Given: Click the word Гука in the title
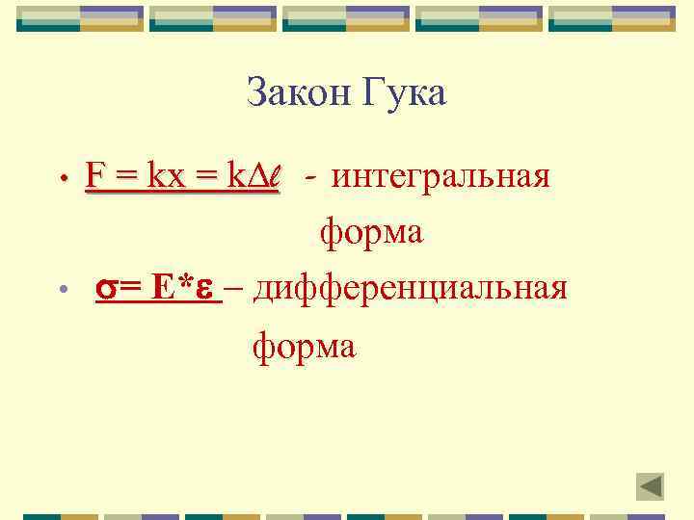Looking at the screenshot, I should (x=405, y=94).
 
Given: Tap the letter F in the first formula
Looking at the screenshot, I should (x=94, y=176).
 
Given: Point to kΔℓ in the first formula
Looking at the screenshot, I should (x=252, y=176).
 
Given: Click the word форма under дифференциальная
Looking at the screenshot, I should (x=304, y=344).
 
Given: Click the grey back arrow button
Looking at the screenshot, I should (x=651, y=486).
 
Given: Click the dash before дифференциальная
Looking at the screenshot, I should (x=238, y=289).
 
